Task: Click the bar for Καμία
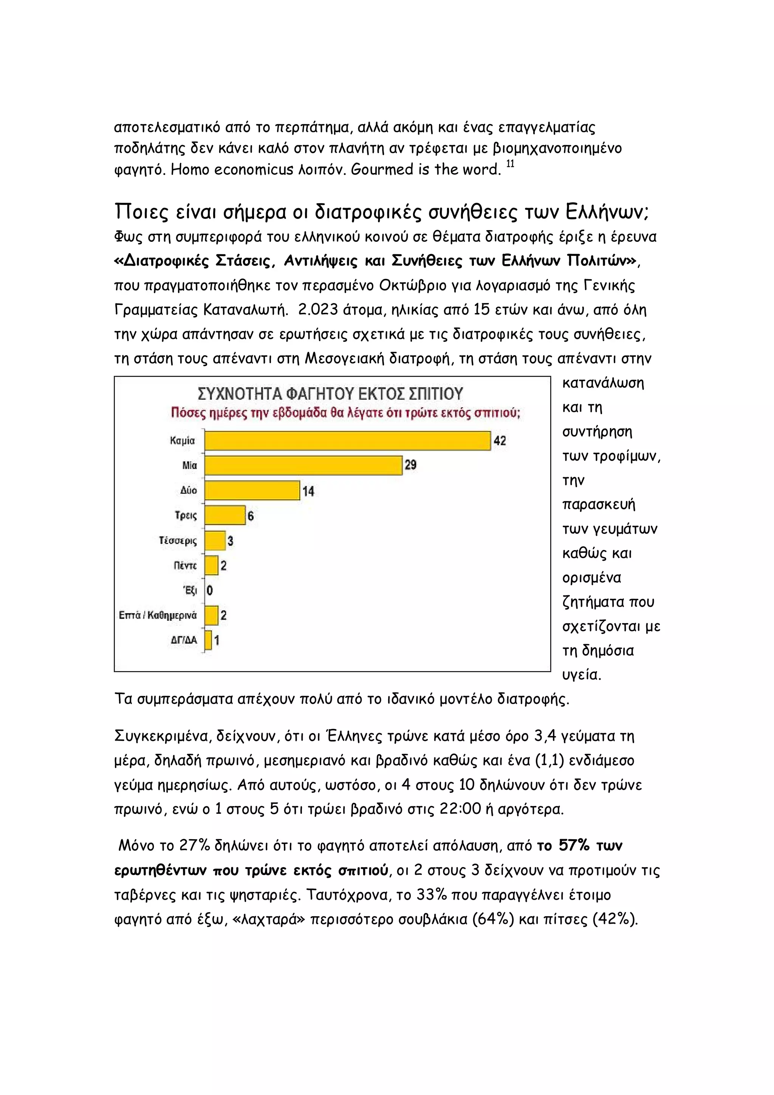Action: click(347, 440)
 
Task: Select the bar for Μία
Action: click(303, 465)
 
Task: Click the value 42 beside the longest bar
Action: click(499, 440)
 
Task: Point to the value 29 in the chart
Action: click(410, 465)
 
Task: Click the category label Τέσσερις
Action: click(178, 541)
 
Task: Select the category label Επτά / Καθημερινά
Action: click(158, 615)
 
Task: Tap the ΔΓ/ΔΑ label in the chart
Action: click(184, 640)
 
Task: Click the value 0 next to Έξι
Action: click(210, 591)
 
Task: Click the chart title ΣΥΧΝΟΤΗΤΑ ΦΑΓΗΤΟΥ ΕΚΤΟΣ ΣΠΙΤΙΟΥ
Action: click(330, 394)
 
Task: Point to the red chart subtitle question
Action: click(345, 413)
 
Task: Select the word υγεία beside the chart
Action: click(581, 675)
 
